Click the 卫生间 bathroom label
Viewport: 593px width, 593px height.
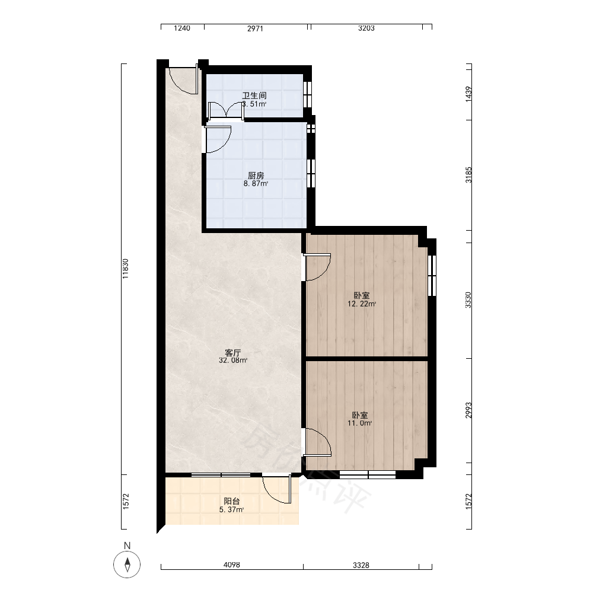tap(254, 95)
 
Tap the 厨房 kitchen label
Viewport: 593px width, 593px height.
tap(256, 176)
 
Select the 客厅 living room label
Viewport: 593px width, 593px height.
tap(233, 353)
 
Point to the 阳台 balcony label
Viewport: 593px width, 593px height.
tap(231, 502)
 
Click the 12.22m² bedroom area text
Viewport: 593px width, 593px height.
tap(362, 304)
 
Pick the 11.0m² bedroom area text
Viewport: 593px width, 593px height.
tap(360, 423)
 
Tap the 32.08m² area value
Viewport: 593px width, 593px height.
tap(233, 361)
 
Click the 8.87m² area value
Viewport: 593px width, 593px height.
tap(256, 184)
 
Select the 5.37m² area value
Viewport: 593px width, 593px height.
tap(231, 510)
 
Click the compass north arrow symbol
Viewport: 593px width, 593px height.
tap(127, 565)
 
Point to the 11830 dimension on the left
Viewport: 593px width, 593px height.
tap(126, 269)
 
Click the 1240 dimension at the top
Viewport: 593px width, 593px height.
tap(182, 28)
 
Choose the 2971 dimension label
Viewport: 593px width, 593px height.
tap(255, 28)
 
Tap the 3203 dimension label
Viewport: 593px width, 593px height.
tap(366, 28)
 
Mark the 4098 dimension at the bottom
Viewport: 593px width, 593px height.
tap(232, 565)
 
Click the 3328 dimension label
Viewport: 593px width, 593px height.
tap(361, 565)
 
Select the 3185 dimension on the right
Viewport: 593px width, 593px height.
tap(468, 175)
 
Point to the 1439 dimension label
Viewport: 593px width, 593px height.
tap(468, 94)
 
